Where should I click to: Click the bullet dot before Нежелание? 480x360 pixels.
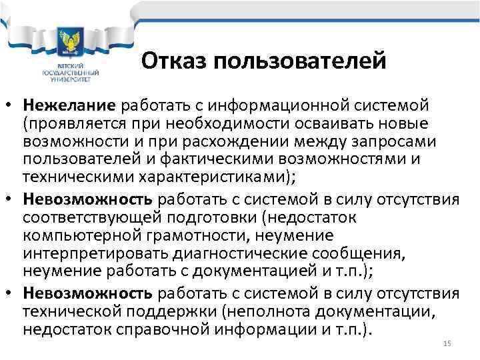(11, 107)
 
